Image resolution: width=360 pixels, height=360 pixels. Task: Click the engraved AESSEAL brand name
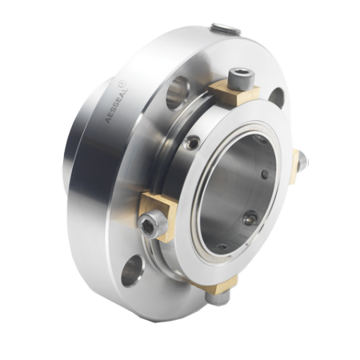[x=117, y=105]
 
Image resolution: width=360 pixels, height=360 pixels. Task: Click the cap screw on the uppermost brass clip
[x=242, y=78]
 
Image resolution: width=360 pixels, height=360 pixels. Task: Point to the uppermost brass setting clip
[x=234, y=93]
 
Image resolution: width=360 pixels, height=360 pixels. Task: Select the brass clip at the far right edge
[x=296, y=166]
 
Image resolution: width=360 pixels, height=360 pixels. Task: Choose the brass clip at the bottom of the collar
[x=218, y=284]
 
